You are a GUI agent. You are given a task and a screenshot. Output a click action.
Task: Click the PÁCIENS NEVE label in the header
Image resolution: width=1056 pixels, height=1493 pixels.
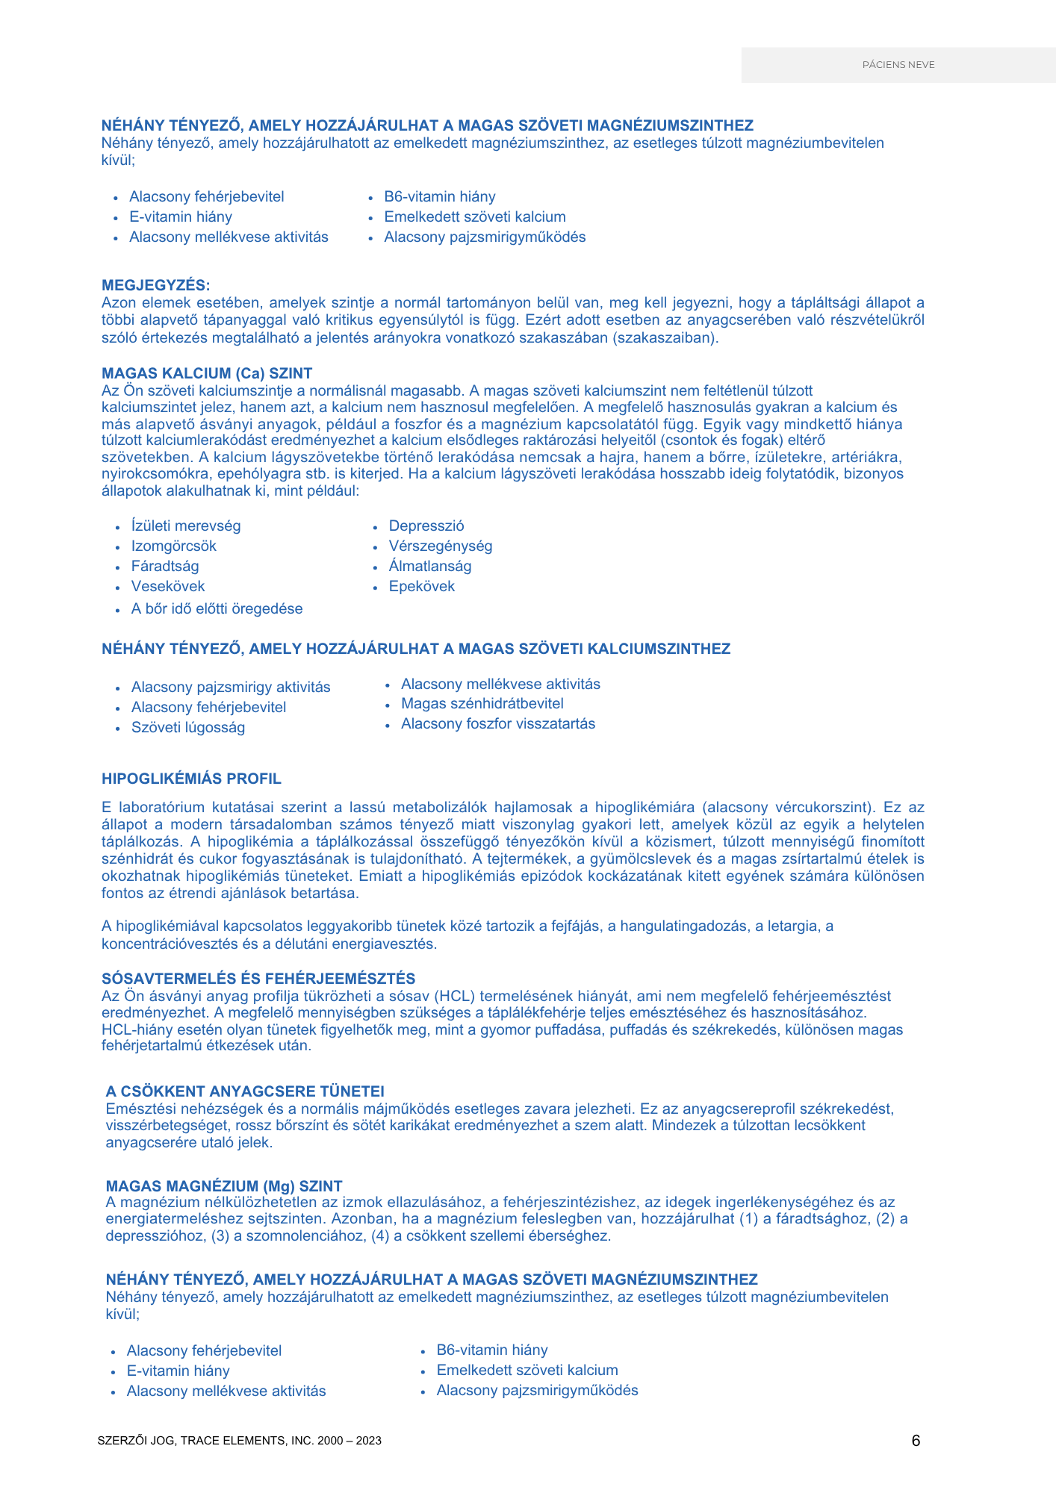(x=898, y=65)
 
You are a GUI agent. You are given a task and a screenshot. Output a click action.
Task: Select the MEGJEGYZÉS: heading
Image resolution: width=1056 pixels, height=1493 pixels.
(x=156, y=285)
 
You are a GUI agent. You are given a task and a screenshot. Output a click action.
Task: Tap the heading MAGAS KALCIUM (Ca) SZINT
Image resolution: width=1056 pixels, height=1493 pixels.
(x=207, y=373)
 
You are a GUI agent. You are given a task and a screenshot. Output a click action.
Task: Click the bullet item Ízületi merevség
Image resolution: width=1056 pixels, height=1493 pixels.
(x=186, y=526)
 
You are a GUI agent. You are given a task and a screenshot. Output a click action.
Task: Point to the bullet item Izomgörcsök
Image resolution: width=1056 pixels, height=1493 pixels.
(x=174, y=546)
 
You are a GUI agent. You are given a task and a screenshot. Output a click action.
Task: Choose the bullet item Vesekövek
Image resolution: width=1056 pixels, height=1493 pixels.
(x=168, y=587)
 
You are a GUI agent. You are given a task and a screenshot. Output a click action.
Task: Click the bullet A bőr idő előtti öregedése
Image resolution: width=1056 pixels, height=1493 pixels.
(x=217, y=609)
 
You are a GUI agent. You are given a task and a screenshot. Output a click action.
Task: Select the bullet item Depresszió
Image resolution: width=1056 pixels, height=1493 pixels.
(x=426, y=526)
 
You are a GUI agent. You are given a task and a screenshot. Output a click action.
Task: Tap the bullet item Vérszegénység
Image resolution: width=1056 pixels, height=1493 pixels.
(x=441, y=546)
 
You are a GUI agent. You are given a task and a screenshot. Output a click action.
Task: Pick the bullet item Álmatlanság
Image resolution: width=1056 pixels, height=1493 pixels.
(x=430, y=567)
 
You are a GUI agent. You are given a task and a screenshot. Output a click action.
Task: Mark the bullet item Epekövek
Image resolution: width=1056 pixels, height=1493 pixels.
(x=422, y=587)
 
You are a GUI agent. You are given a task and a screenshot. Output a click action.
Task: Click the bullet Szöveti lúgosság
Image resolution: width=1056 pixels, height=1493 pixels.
(x=188, y=728)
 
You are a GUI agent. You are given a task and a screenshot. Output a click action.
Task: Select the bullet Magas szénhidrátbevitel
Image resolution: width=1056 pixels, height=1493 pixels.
(x=482, y=704)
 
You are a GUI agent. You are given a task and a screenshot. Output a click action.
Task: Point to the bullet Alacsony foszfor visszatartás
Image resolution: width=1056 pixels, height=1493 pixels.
(x=498, y=724)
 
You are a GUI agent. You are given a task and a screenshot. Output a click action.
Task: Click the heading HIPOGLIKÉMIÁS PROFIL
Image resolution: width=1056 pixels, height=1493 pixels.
(x=191, y=779)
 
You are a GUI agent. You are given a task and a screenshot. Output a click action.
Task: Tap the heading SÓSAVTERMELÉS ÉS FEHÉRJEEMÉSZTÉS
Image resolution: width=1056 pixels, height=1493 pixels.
(x=258, y=979)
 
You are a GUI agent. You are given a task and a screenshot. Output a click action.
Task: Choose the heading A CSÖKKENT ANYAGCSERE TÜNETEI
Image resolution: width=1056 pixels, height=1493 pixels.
(x=245, y=1091)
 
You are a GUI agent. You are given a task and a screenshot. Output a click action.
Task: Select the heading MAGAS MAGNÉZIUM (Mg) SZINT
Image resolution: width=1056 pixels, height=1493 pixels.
(x=224, y=1186)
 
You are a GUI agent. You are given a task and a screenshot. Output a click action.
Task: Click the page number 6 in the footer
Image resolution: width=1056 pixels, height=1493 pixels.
(x=916, y=1441)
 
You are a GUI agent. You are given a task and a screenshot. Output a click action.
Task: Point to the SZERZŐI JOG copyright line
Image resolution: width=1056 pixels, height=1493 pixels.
(x=239, y=1441)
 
